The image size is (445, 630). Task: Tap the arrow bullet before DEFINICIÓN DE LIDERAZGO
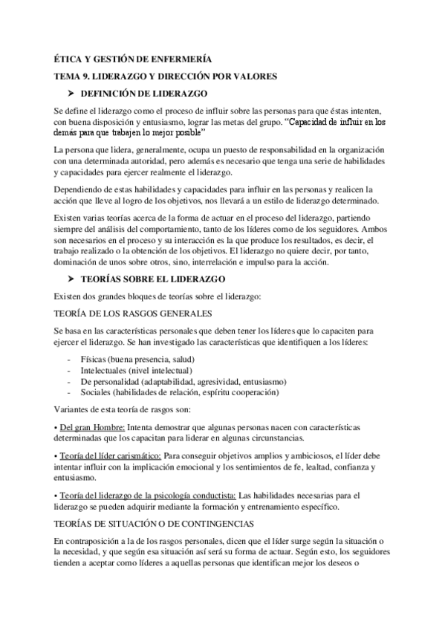pos(71,94)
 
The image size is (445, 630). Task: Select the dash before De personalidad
pos(69,381)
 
